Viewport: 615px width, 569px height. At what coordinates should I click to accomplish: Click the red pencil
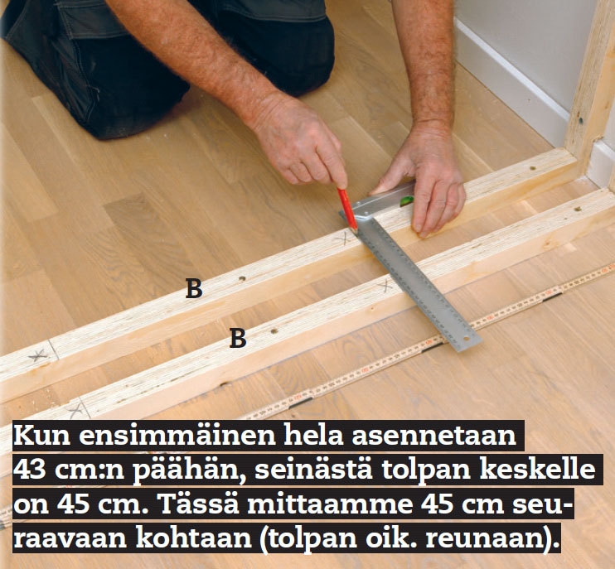pos(347,210)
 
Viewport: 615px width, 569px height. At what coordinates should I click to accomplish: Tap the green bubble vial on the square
pos(406,201)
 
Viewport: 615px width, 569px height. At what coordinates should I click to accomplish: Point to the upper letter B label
pos(194,289)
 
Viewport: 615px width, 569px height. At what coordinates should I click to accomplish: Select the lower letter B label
pos(238,338)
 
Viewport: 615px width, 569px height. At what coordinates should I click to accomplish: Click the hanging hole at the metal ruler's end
pos(466,339)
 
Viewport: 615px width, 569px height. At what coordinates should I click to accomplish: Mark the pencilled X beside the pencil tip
pos(344,238)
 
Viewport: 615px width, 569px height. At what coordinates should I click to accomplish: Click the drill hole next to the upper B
pos(242,279)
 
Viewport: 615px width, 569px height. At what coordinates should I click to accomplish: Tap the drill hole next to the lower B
pos(274,331)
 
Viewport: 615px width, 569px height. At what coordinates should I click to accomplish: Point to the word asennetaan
pos(433,436)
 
